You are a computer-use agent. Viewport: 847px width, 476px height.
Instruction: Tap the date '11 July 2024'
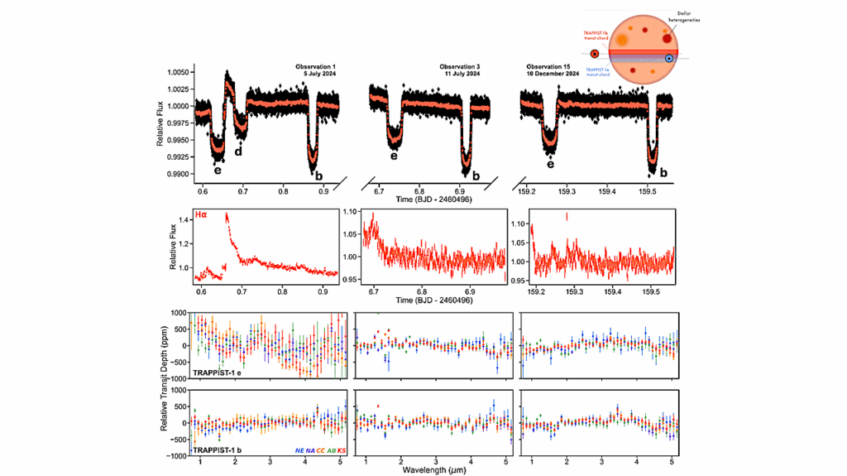point(460,75)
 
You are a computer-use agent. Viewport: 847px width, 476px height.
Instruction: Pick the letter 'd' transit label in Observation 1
point(238,151)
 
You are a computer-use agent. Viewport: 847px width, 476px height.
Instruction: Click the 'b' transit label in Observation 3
point(476,175)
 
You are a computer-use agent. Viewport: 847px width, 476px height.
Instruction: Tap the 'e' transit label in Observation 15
point(550,164)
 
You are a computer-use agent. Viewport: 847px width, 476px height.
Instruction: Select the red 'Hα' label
point(201,215)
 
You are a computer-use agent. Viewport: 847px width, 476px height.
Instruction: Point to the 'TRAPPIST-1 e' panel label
point(218,373)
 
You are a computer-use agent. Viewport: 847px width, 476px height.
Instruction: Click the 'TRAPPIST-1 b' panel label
point(218,450)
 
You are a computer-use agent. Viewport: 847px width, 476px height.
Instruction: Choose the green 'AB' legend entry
point(332,450)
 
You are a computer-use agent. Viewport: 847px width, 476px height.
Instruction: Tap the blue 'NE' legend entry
point(299,450)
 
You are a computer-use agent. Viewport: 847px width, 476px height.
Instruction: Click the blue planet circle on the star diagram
point(668,59)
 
